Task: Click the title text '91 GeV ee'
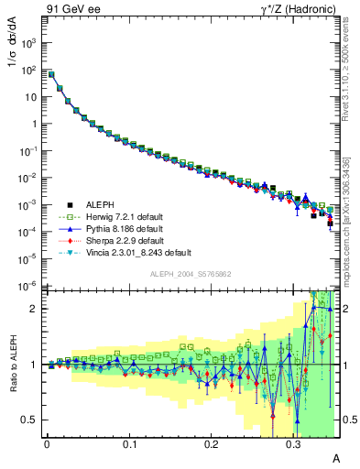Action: [67, 8]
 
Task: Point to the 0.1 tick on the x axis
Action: [129, 444]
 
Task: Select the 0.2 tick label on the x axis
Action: [212, 444]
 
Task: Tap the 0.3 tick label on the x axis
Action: [294, 444]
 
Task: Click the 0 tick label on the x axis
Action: [47, 444]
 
